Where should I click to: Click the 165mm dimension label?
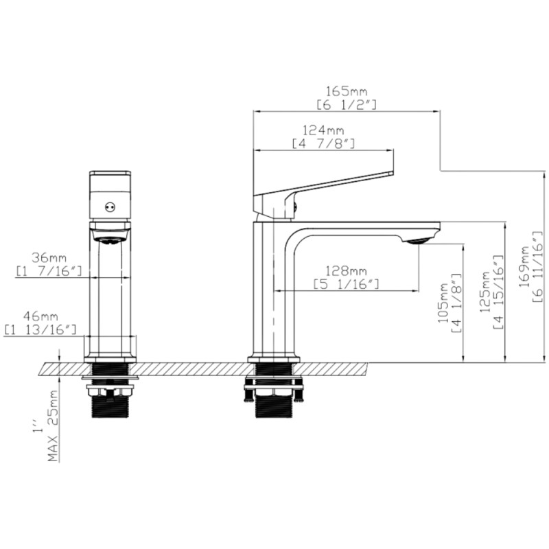pos(347,92)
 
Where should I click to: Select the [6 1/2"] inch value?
pos(347,105)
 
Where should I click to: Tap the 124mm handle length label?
pos(323,130)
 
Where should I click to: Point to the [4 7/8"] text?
pos(323,143)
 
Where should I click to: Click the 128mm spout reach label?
pos(347,271)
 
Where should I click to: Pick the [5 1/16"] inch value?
pos(347,284)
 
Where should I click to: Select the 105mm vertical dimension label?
pos(443,303)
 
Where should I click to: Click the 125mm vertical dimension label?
pos(485,292)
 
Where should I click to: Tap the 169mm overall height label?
pos(524,267)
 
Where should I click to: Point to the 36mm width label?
pos(49,258)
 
